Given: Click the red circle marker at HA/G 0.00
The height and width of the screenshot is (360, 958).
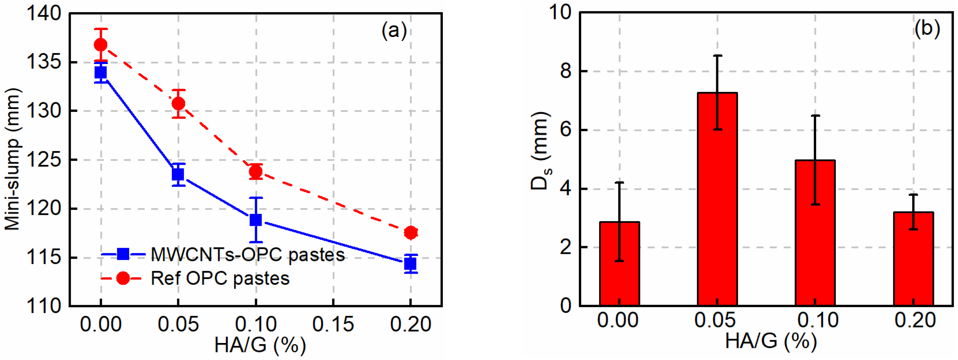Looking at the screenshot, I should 100,45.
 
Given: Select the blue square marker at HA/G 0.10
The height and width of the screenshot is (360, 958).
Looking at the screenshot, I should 255,220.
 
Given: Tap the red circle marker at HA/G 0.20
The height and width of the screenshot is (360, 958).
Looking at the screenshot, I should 411,233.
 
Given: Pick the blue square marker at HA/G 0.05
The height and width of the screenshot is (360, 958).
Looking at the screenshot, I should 178,174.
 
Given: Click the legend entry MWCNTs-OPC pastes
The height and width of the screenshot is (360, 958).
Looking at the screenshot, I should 247,255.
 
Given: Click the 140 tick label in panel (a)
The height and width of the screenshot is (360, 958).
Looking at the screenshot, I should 44,14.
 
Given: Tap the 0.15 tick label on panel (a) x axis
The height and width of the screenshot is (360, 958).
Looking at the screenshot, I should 333,324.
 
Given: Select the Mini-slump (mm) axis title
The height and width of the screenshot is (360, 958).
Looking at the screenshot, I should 12,159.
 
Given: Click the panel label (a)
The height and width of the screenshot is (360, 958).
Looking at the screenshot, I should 394,30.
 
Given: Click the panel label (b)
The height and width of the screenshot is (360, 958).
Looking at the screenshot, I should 927,28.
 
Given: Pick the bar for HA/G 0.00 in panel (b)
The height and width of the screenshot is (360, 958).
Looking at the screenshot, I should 619,264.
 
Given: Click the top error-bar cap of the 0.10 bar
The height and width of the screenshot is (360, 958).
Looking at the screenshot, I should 815,116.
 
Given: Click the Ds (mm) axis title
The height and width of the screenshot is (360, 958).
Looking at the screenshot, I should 541,151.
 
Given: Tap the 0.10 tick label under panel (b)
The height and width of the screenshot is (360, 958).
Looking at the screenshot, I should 817,320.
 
